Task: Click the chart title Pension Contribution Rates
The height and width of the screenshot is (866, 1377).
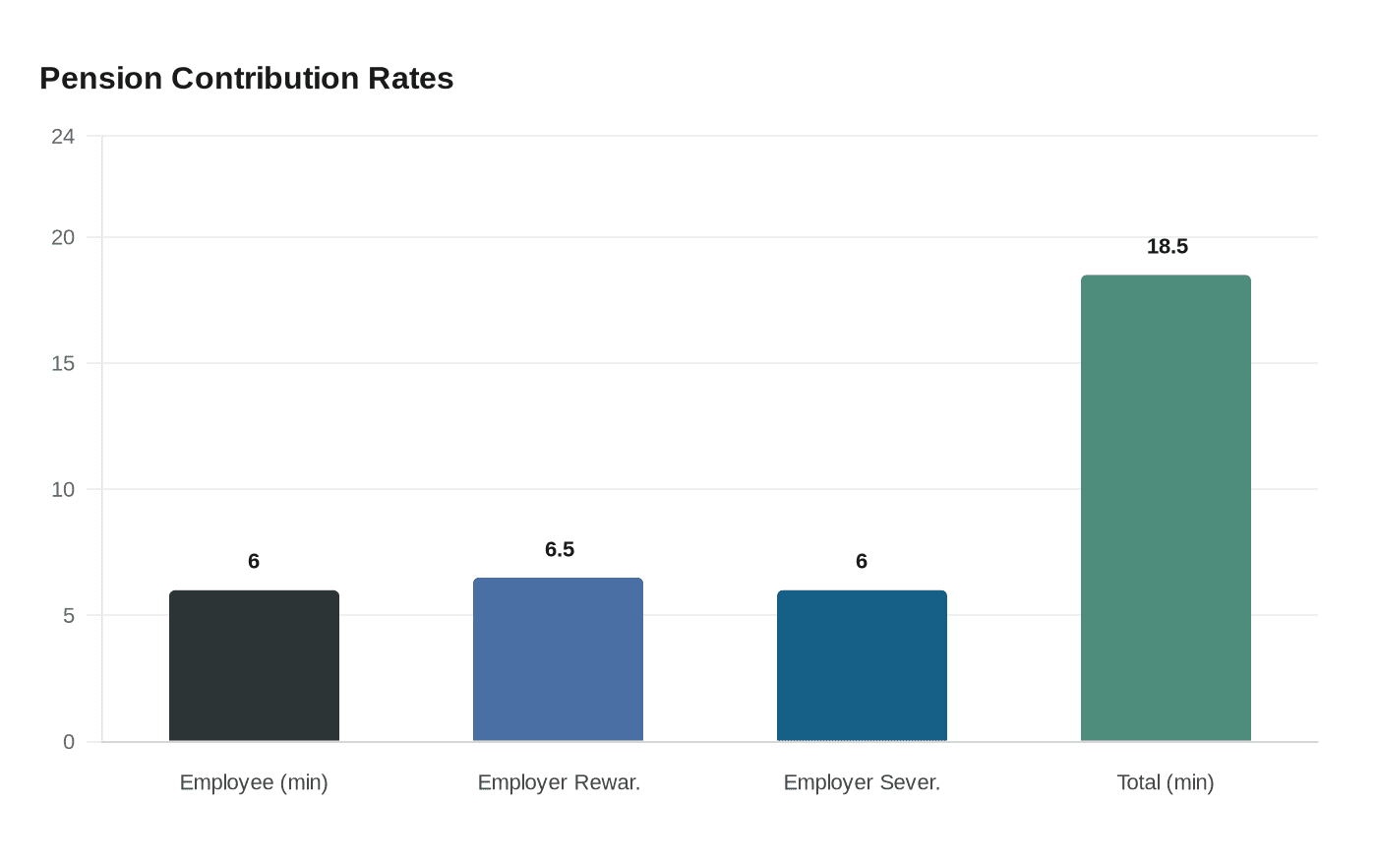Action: click(246, 78)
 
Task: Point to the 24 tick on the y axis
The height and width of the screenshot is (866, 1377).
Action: click(63, 137)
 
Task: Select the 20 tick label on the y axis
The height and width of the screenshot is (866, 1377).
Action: click(63, 237)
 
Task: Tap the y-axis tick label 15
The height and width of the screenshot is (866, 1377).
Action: click(63, 363)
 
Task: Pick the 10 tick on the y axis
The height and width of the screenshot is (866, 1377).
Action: click(63, 489)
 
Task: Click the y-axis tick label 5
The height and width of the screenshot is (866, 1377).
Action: click(69, 616)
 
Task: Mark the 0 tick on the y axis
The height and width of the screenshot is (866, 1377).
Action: click(69, 742)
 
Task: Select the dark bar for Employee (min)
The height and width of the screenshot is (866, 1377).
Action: click(254, 666)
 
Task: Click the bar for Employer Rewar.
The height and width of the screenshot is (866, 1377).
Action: click(558, 659)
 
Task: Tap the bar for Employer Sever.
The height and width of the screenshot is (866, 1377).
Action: click(862, 666)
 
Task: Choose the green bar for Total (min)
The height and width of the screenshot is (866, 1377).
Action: click(1166, 508)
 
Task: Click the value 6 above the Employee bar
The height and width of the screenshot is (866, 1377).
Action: click(254, 561)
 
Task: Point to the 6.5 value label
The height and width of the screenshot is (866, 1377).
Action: click(560, 549)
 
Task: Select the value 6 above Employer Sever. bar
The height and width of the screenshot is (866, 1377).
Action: click(862, 561)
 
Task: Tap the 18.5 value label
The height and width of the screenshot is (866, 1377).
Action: click(1167, 246)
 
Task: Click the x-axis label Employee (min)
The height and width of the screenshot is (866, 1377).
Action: click(254, 782)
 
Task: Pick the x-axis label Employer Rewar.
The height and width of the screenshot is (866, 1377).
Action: click(559, 782)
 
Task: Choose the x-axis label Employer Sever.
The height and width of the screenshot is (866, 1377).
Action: click(862, 782)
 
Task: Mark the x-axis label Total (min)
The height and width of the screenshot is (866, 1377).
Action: click(1166, 782)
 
